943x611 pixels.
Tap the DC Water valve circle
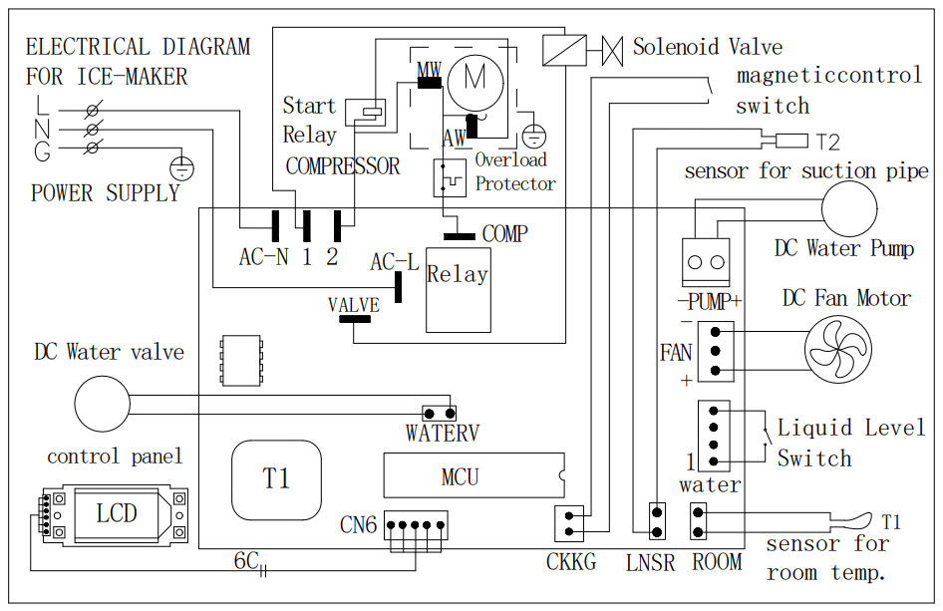(103, 404)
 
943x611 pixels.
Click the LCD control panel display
(117, 514)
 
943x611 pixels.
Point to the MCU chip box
(472, 476)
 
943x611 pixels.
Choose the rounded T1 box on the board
(277, 478)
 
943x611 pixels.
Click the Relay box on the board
(458, 296)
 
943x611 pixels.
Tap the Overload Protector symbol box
(450, 177)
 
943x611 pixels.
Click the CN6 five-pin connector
(415, 525)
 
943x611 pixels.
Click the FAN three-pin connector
(715, 351)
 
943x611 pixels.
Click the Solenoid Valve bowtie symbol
(612, 46)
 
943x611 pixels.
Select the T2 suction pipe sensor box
(792, 141)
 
